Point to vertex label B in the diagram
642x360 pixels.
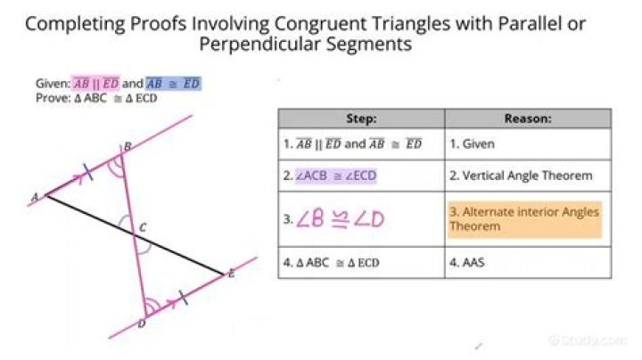128,146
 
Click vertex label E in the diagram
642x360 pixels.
231,274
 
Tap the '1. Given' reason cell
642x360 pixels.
528,143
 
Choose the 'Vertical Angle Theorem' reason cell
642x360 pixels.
528,176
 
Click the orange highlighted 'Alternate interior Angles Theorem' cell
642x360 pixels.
524,218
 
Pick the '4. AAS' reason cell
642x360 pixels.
528,263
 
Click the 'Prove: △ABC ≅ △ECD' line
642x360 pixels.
96,98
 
